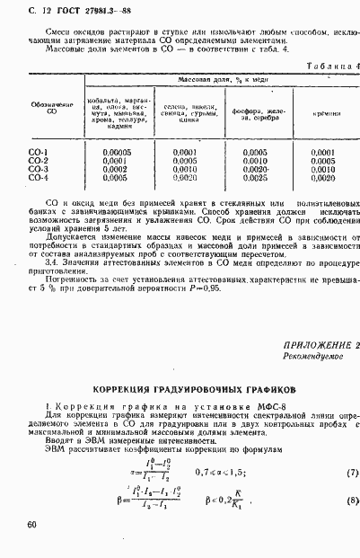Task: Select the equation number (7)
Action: pos(342,471)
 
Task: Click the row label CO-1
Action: pos(38,153)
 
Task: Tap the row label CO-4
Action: pos(38,178)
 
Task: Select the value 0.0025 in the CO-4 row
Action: pos(255,178)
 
